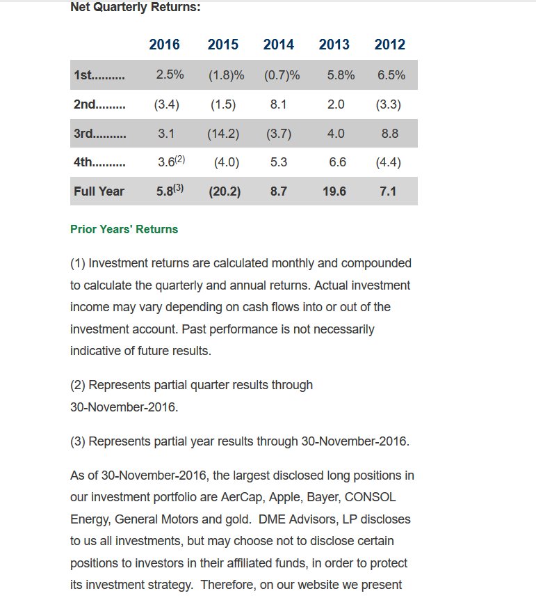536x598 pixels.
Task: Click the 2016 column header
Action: (x=164, y=45)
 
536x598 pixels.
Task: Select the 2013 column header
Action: (x=334, y=45)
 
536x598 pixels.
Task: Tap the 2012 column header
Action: (x=389, y=45)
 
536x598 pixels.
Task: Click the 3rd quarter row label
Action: (x=99, y=133)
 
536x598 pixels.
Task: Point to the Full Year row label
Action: (x=99, y=191)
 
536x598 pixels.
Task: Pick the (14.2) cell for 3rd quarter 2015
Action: (x=223, y=134)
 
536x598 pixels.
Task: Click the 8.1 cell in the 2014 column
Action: (x=278, y=104)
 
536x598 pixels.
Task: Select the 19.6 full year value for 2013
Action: (x=334, y=191)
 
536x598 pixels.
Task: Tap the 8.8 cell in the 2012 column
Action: (x=390, y=134)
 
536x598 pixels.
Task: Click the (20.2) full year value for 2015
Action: (x=225, y=191)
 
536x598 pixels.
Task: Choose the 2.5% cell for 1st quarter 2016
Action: (x=170, y=75)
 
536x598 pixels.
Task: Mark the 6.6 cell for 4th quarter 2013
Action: (x=337, y=162)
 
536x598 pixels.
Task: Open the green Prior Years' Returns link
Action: (x=124, y=229)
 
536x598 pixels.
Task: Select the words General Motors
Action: (x=152, y=519)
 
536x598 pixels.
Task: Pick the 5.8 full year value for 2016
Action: (x=165, y=191)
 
